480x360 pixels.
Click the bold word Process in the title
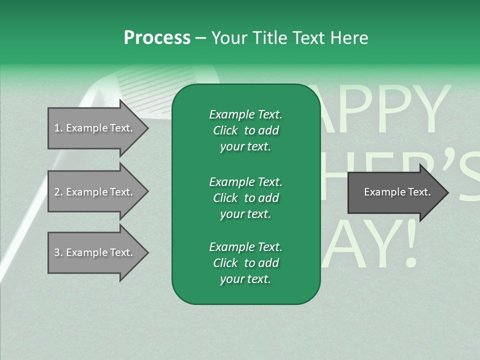click(157, 38)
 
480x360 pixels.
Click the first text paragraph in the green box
click(245, 130)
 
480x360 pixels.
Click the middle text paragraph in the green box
click(245, 198)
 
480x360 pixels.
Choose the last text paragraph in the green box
click(245, 263)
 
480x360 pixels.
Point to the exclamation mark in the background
click(408, 245)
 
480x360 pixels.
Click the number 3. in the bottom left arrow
click(58, 252)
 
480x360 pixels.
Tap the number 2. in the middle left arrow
click(58, 192)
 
